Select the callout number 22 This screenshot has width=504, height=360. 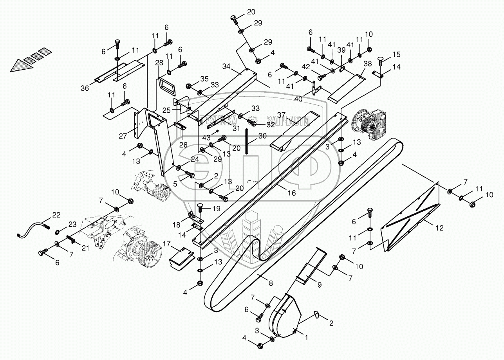[x=57, y=214]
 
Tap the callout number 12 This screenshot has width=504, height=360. [x=440, y=228]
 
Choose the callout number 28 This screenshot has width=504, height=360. [x=159, y=63]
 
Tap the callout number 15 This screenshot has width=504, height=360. [x=396, y=54]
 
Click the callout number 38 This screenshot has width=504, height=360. [x=367, y=63]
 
